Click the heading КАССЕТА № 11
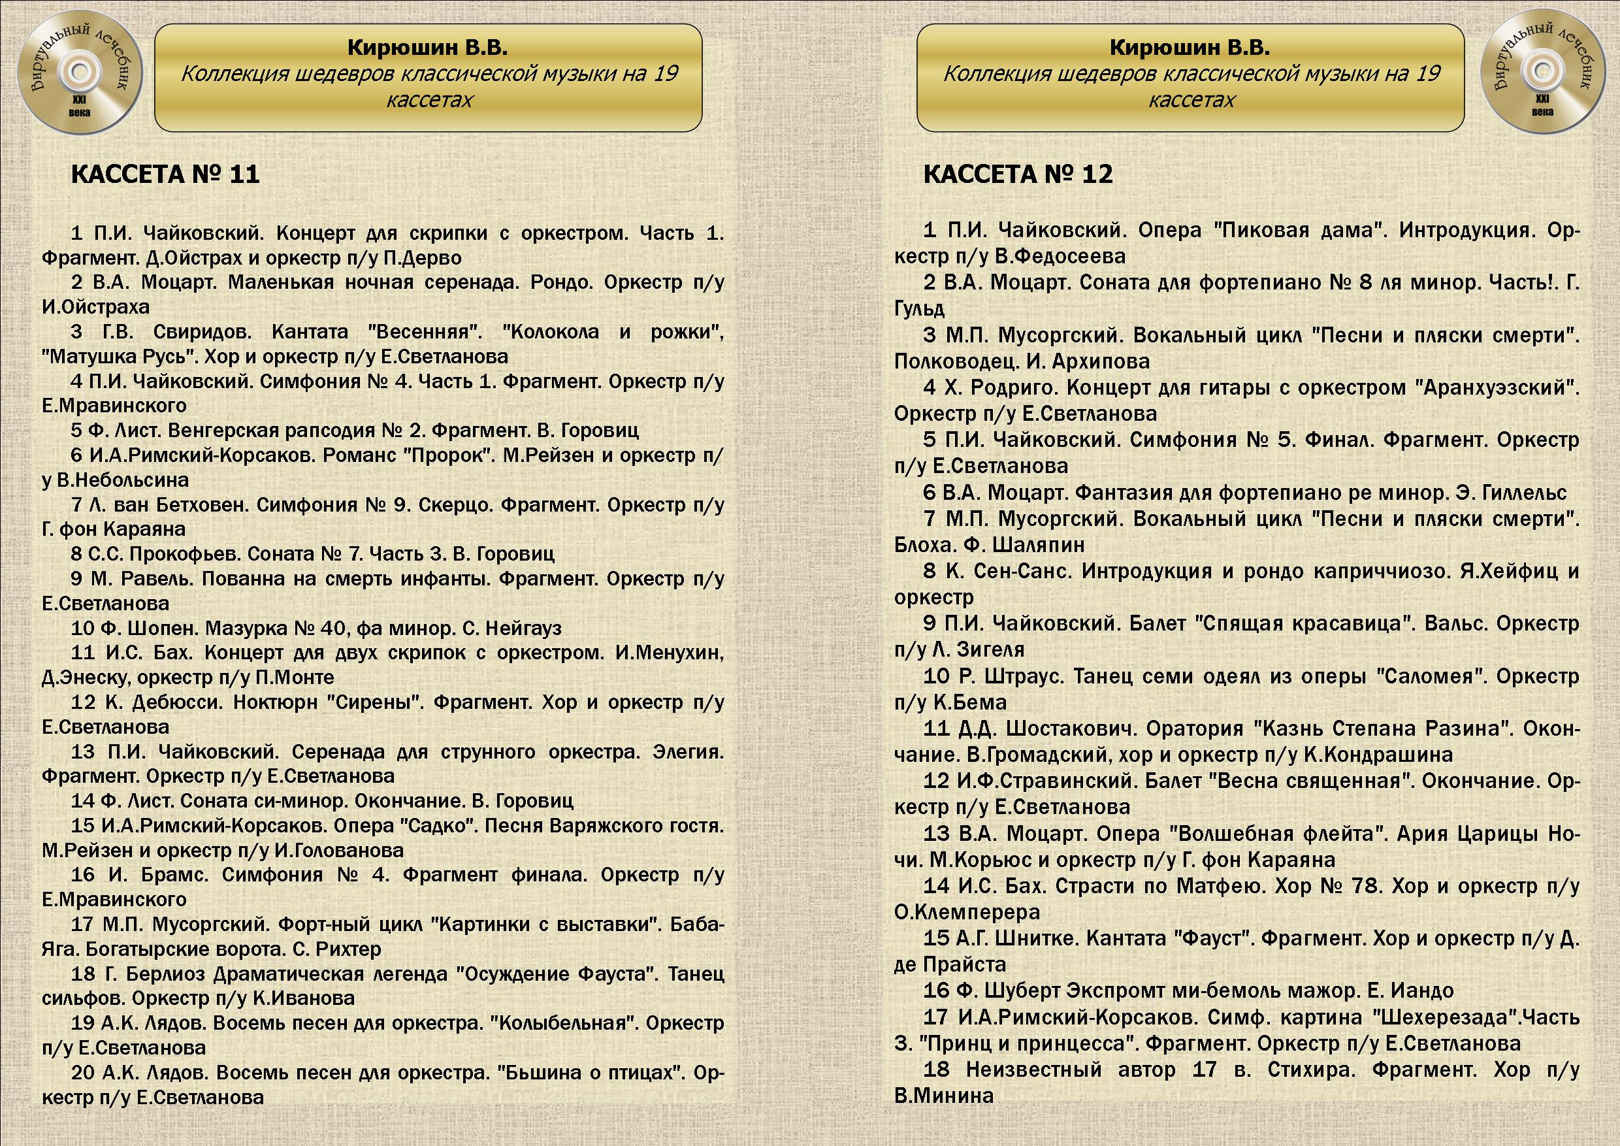[x=165, y=174]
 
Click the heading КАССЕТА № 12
[x=1018, y=174]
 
